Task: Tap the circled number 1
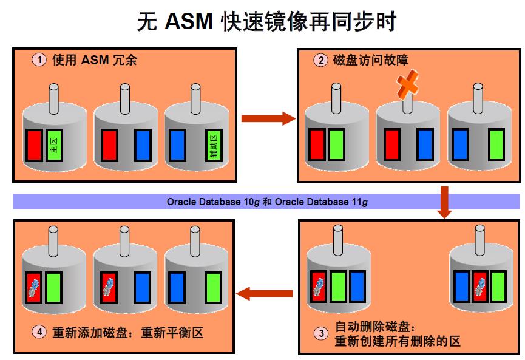pyautogui.click(x=39, y=60)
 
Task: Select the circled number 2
pyautogui.click(x=320, y=60)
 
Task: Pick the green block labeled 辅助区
pyautogui.click(x=214, y=145)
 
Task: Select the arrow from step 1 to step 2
pyautogui.click(x=267, y=118)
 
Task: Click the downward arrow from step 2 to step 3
pyautogui.click(x=444, y=202)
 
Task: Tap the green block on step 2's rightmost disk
pyautogui.click(x=496, y=145)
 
